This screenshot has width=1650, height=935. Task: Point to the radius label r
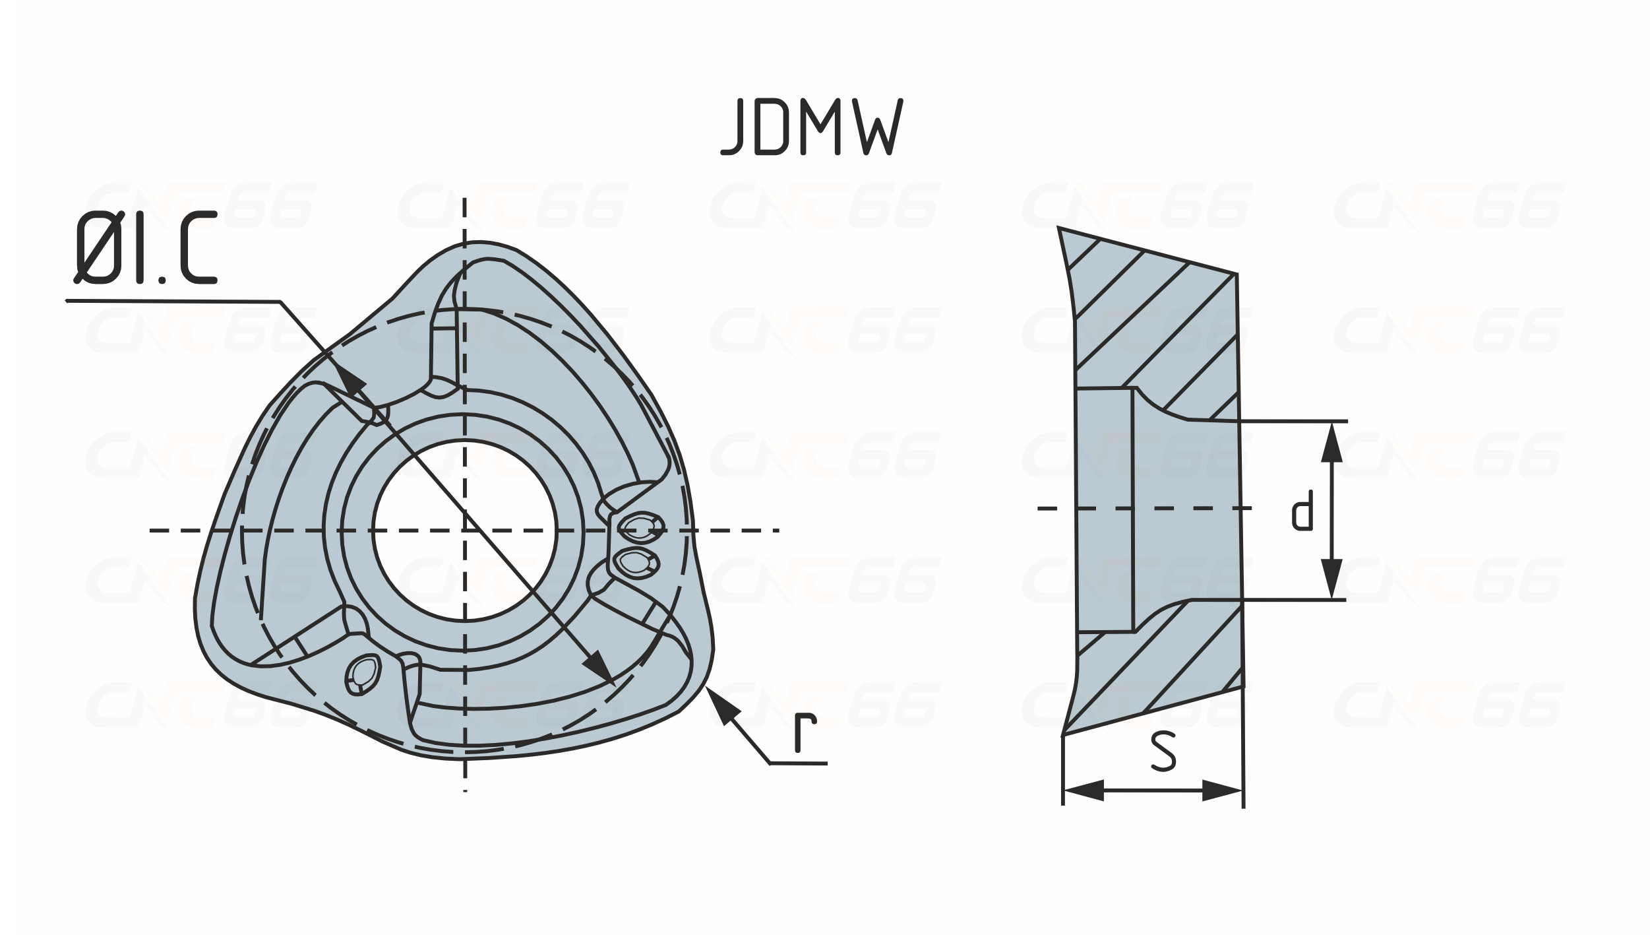805,732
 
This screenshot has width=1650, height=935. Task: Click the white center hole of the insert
465,530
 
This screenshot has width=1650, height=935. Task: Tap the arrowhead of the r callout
719,705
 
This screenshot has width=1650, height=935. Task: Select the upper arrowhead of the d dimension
1332,442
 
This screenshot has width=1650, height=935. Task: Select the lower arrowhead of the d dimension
1332,579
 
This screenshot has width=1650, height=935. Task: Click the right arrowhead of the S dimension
1222,790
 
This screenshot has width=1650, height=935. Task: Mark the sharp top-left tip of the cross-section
1058,228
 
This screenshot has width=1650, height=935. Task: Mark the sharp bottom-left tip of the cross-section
1063,735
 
